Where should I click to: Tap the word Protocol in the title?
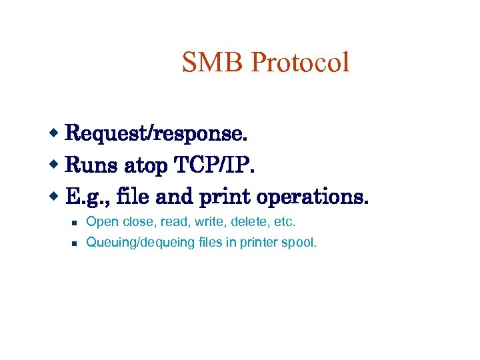301,63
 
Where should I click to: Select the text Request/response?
157,134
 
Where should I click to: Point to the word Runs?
90,165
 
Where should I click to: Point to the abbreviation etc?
283,221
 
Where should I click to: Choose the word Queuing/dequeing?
141,243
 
